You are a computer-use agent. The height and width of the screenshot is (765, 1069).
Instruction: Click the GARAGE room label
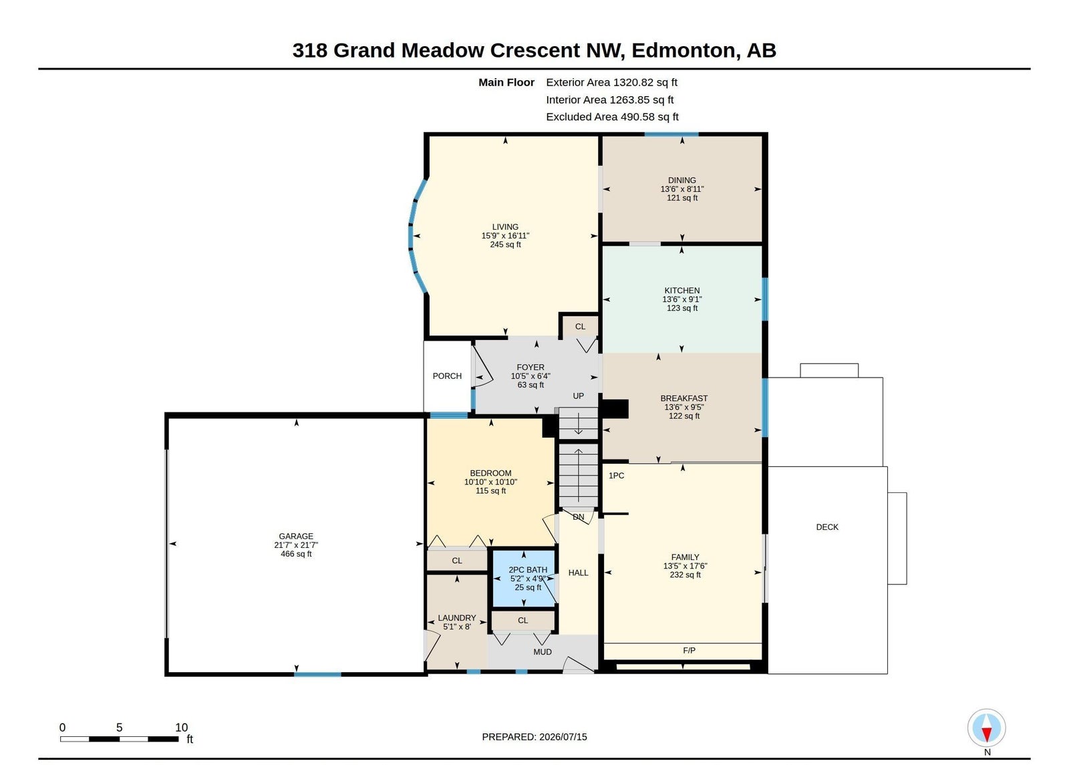[x=296, y=536]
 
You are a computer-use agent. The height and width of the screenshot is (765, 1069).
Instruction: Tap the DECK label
[x=827, y=527]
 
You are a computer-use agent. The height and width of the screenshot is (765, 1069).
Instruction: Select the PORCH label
[x=447, y=376]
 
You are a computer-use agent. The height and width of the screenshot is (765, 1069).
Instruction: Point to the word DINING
[x=682, y=180]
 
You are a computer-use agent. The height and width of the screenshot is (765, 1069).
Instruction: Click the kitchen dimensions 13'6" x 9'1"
[x=682, y=299]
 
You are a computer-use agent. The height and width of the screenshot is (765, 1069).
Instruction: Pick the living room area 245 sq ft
[x=505, y=245]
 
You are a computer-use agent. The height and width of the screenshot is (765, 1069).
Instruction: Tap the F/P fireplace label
[x=689, y=651]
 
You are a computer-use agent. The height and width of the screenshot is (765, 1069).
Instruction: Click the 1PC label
[x=616, y=476]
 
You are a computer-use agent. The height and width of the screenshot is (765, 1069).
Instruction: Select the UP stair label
[x=579, y=396]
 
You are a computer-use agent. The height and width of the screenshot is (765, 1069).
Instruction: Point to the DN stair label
[x=579, y=517]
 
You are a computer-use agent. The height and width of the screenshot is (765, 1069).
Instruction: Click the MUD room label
[x=543, y=652]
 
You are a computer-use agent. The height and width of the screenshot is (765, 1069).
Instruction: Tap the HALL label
[x=579, y=573]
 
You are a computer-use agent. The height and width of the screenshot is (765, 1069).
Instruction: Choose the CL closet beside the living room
[x=581, y=327]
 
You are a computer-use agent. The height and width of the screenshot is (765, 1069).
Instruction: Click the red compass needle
[x=987, y=734]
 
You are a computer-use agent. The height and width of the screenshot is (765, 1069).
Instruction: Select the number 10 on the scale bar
[x=181, y=728]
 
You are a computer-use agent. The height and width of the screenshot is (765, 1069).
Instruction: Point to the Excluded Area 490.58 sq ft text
[x=612, y=117]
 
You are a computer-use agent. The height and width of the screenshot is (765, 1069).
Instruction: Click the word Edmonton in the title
[x=683, y=51]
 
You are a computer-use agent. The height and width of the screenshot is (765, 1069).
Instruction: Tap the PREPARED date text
[x=534, y=737]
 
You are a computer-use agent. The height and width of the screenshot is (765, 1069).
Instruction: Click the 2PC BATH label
[x=528, y=570]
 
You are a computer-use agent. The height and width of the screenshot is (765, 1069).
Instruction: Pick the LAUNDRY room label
[x=457, y=618]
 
